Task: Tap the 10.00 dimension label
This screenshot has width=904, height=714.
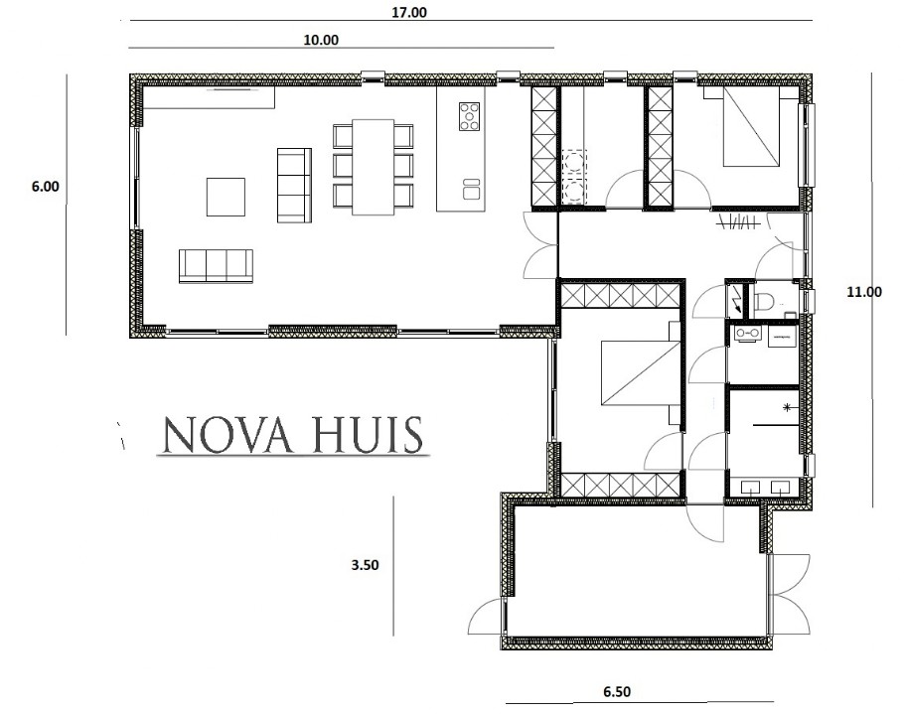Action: pos(320,40)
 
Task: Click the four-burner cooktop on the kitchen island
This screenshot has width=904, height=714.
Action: pos(467,117)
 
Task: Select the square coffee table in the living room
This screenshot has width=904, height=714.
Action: pos(226,196)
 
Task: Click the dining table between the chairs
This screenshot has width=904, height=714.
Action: pos(373,166)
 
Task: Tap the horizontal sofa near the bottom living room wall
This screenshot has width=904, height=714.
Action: pos(216,265)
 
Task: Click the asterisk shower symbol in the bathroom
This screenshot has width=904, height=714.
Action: pos(787,408)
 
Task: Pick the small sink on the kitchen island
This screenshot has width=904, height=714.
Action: pos(470,184)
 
